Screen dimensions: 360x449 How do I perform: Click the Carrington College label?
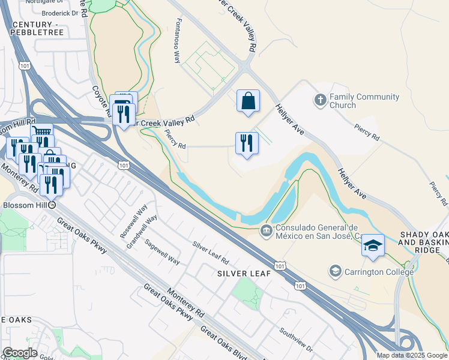[379, 272]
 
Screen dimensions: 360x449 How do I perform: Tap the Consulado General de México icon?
[266, 230]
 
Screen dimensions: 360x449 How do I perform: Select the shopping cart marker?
[41, 133]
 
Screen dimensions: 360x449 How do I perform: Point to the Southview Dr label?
[297, 339]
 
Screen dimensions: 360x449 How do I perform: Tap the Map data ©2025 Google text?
[411, 355]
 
